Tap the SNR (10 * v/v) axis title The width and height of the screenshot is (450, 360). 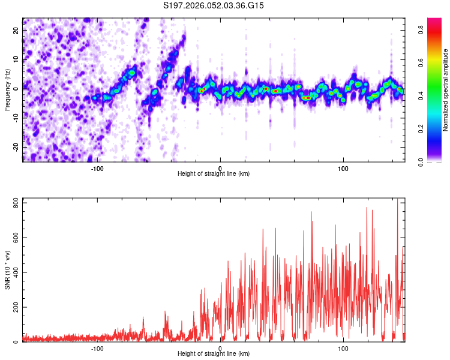coord(8,271)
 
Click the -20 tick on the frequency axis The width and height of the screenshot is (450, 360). coord(16,147)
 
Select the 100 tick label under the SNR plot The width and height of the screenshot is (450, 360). coord(343,348)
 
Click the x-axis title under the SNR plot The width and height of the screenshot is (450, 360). coord(214,354)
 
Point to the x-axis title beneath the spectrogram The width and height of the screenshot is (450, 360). coord(214,174)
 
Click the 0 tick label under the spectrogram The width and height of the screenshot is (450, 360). coord(220,168)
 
